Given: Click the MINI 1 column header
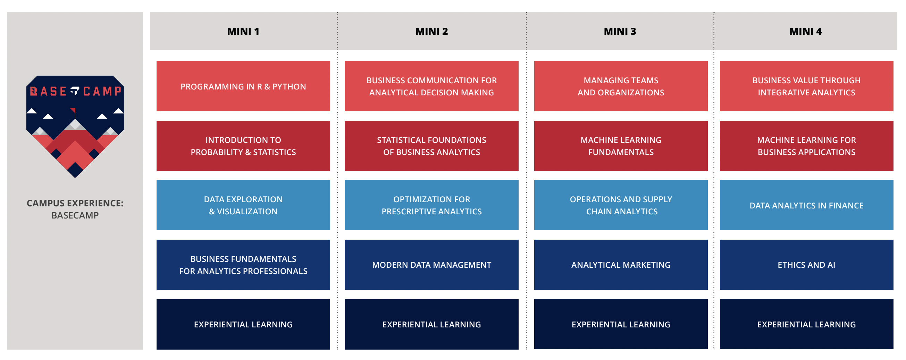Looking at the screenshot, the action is [243, 31].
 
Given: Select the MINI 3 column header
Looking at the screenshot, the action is [620, 31].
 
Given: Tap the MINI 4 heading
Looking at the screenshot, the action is [805, 31].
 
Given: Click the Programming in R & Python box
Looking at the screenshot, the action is [243, 86].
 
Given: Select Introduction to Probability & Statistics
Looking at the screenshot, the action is [243, 146].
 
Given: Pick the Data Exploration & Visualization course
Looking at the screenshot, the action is [243, 205].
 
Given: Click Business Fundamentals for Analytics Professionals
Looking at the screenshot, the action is [243, 265].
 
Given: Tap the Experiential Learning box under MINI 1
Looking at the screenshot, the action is [243, 324].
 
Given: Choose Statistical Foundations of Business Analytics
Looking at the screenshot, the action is [431, 146].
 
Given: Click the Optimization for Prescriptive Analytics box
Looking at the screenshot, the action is [431, 205].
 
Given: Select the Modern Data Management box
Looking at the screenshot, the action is [431, 265].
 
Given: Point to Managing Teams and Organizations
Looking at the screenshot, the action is [621, 86].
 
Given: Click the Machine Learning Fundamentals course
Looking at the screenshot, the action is [621, 146].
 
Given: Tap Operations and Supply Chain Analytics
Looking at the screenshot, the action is [621, 205].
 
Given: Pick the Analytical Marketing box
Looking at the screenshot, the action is [621, 265].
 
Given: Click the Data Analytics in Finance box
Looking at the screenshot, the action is [806, 205].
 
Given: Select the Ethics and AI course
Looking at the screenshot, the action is [806, 265].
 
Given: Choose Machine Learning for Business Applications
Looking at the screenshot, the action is [806, 146].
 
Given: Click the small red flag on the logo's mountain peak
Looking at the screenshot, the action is [73, 110].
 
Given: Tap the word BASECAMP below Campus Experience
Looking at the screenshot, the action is [75, 215].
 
